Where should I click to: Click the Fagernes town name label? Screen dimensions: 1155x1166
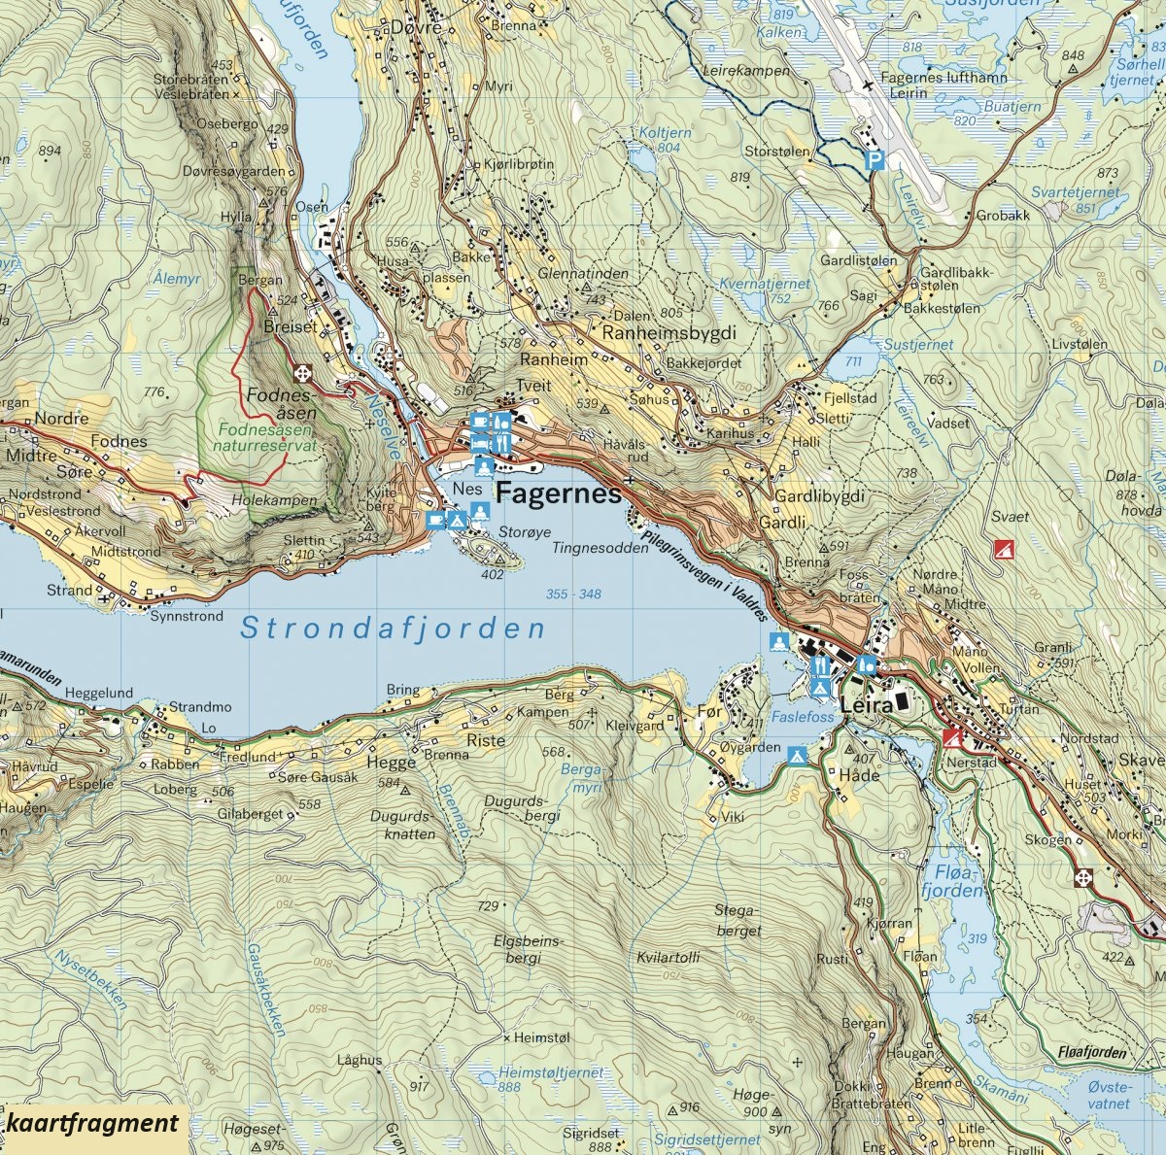(x=558, y=493)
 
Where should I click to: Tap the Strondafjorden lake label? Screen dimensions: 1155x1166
(x=393, y=628)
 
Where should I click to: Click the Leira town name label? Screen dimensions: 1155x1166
(x=867, y=706)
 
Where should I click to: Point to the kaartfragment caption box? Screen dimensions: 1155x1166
(x=94, y=1124)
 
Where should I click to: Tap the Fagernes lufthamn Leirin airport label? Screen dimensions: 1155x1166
(x=930, y=85)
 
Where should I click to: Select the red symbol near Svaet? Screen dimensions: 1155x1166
(x=1000, y=549)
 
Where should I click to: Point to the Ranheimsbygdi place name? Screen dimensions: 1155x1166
(x=669, y=333)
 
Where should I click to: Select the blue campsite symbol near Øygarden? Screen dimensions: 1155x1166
(x=799, y=755)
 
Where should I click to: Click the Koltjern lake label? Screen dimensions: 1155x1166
(x=666, y=133)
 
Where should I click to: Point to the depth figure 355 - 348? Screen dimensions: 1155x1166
(x=573, y=594)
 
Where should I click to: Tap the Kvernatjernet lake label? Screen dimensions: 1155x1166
(x=764, y=284)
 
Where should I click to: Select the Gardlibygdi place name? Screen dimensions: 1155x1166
(x=819, y=495)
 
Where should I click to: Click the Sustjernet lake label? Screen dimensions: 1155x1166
(x=918, y=345)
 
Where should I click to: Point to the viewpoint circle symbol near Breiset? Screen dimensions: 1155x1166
(x=304, y=372)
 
